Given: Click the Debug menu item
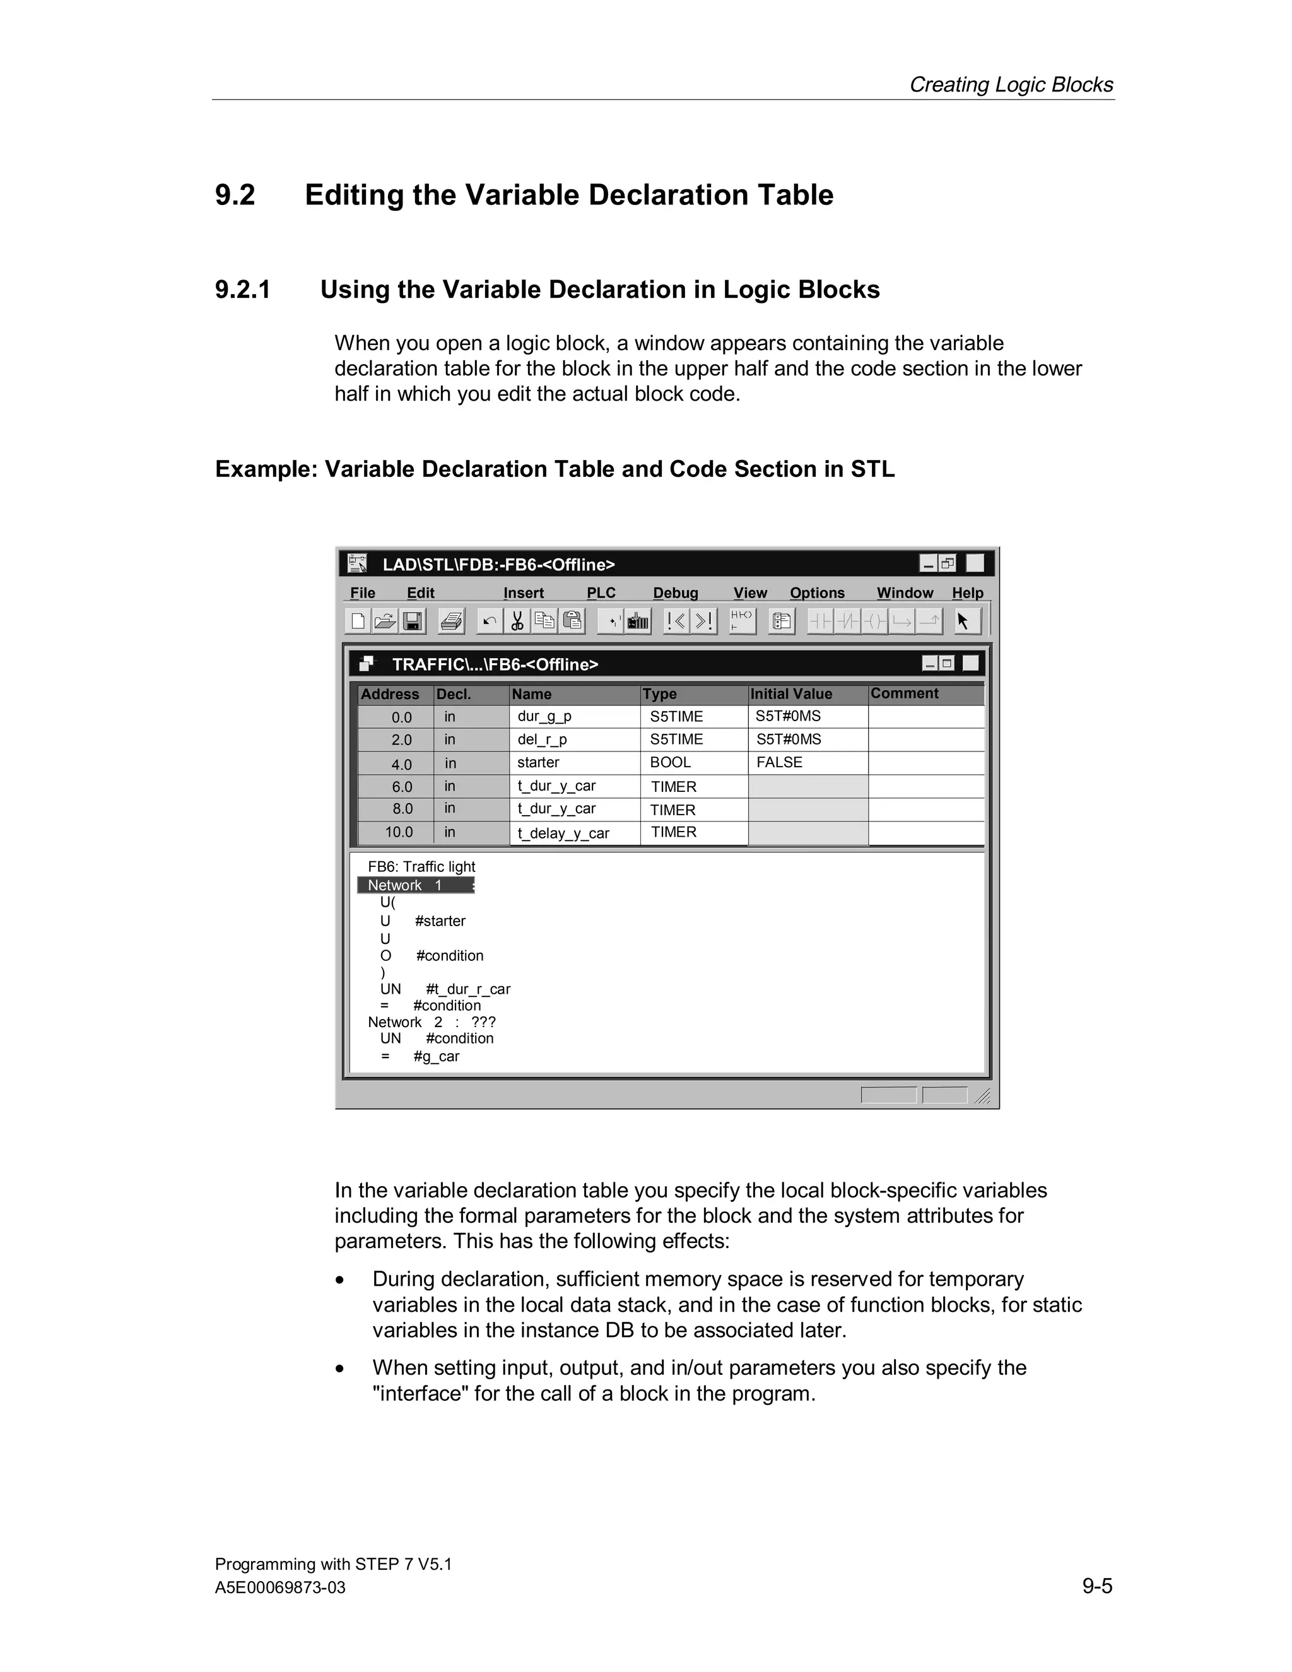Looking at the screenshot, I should pos(675,592).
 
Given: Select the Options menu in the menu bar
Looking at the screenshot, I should pos(817,592).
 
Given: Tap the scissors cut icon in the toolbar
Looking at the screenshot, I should pos(517,621).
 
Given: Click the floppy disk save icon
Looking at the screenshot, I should pos(413,621).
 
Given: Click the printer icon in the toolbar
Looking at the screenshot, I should pos(451,621).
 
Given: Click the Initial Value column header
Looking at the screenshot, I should pos(790,693).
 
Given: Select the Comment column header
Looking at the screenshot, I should pos(904,693).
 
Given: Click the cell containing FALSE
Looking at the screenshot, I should pos(779,763).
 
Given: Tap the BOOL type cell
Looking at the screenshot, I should pos(671,763).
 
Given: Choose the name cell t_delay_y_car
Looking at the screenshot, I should pos(563,833).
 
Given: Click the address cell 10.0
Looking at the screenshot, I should pos(399,832).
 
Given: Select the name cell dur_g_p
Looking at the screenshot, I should pos(544,717).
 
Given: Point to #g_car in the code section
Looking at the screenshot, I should pos(437,1056).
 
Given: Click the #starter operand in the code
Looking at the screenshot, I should pos(440,921).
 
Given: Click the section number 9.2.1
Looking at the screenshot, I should pos(243,290).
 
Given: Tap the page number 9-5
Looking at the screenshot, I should pos(1097,1586).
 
